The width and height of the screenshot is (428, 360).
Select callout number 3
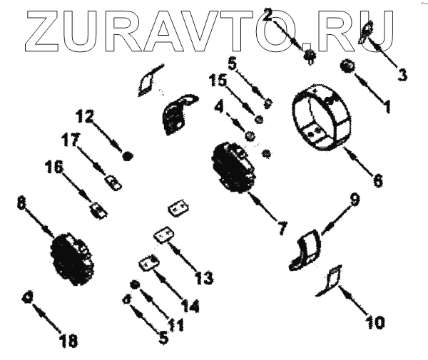tap(402, 73)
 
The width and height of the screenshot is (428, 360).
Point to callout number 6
tap(377, 178)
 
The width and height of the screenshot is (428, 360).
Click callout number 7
tap(282, 228)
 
